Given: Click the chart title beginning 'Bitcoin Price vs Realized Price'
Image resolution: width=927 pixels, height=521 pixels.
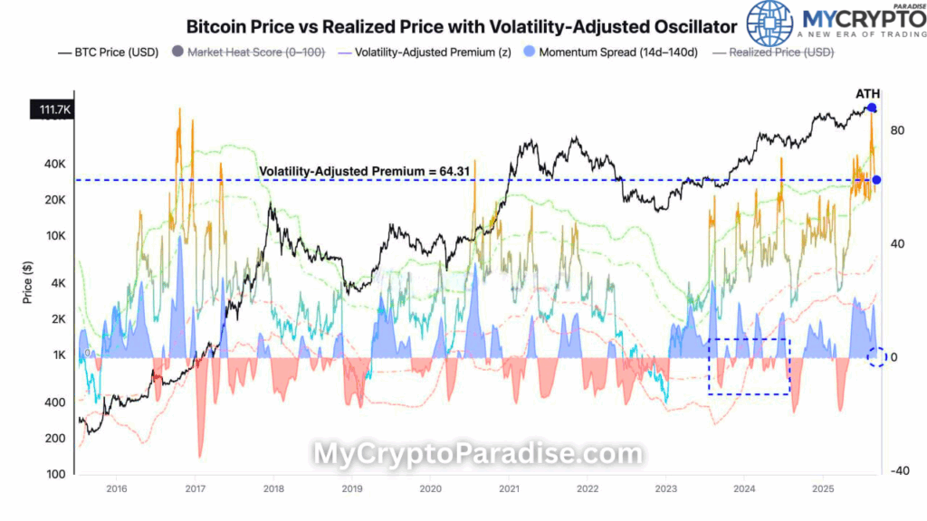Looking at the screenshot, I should pos(461,27).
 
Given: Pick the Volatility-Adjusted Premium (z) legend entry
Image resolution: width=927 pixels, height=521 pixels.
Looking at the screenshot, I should pos(425,52).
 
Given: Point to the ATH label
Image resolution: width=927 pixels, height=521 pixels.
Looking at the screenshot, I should pos(867,94).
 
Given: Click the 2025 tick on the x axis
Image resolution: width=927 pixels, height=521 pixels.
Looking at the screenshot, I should pos(822,488).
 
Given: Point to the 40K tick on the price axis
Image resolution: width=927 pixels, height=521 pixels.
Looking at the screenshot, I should pos(55,165).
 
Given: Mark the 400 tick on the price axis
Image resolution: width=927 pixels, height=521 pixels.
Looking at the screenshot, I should pos(57,403).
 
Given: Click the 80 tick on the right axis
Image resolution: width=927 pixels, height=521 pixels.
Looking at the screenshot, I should pos(898,130).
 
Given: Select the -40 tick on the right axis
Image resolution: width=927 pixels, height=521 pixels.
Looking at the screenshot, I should pos(899,470).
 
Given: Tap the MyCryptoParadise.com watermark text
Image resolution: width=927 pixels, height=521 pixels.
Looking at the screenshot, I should pos(478,454).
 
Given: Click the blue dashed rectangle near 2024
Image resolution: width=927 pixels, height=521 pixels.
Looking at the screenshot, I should pos(748,366).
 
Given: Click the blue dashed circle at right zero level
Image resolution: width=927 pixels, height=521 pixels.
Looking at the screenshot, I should pos(875,357).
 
